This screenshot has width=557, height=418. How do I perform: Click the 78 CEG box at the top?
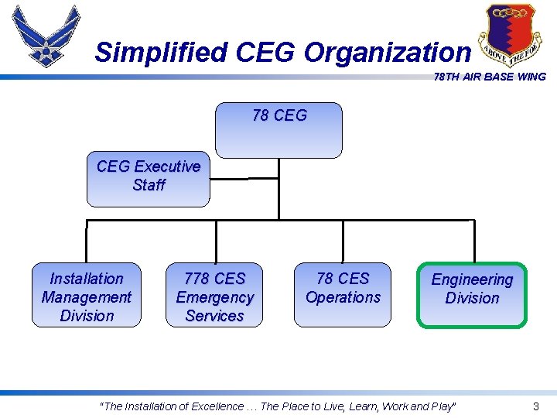(278, 130)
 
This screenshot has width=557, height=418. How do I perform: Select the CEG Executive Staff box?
(148, 179)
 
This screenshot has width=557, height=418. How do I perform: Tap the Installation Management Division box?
(87, 296)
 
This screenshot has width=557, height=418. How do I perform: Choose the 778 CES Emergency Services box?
(214, 296)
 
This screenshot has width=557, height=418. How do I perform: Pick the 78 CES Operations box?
(343, 294)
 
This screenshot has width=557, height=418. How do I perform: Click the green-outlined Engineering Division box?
(472, 295)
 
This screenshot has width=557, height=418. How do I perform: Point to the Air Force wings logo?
(46, 37)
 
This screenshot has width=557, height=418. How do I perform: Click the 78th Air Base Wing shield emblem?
(506, 34)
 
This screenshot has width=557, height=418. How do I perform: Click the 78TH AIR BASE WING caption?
(489, 77)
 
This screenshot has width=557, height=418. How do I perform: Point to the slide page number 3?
(535, 406)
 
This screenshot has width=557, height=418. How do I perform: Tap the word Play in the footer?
(443, 406)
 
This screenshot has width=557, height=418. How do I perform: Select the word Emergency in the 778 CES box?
(214, 297)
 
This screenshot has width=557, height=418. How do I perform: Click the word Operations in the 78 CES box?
(343, 297)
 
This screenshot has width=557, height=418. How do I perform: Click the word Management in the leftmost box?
(87, 297)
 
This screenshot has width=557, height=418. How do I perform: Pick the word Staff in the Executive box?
(149, 185)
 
